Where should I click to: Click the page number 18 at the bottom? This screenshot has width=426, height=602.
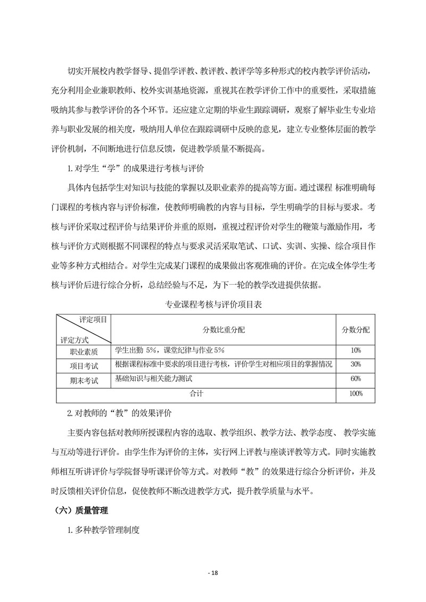(x=213, y=573)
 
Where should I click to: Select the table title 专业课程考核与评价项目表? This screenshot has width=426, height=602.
(x=213, y=305)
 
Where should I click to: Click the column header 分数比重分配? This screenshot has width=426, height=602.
(x=224, y=329)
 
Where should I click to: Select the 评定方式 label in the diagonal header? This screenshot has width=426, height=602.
(x=75, y=339)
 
